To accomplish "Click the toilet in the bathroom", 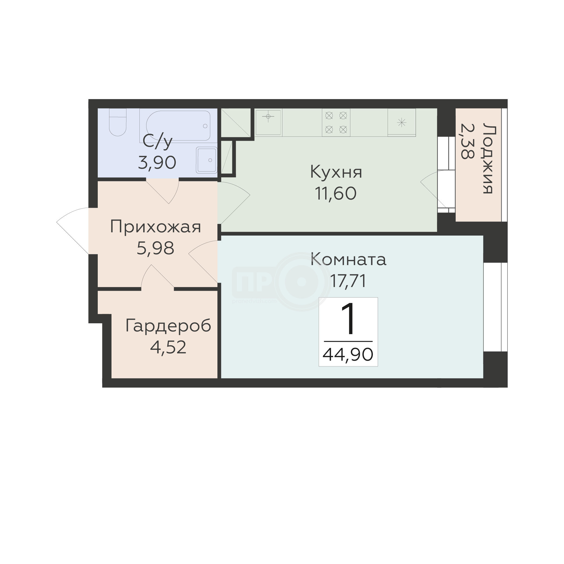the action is click(118, 122).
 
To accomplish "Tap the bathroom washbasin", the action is click(207, 160).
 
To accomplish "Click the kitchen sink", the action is click(268, 122).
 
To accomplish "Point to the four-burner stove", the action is click(336, 123).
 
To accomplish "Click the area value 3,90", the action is click(157, 163).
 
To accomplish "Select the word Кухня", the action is click(336, 172).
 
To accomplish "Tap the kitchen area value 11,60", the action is click(335, 193).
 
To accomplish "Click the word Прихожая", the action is click(156, 227).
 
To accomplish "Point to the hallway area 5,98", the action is click(155, 248).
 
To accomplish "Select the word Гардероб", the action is click(168, 326).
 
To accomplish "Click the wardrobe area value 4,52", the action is click(168, 347).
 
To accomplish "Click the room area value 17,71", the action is click(348, 281).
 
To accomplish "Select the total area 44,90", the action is click(348, 355).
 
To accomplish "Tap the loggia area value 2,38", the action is click(467, 141).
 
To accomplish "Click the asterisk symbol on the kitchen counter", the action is click(402, 122).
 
